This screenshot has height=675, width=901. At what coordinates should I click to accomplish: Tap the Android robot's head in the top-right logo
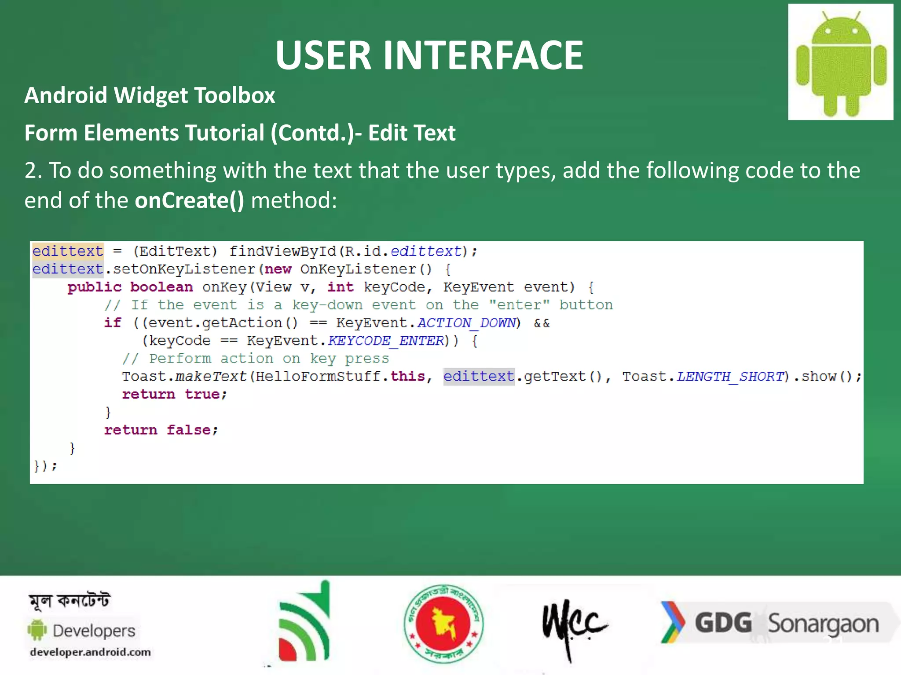click(841, 32)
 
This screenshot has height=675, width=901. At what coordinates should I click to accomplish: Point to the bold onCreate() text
click(189, 200)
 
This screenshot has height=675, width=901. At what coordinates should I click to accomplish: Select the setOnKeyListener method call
click(183, 269)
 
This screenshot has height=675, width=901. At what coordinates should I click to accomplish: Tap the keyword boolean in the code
click(161, 287)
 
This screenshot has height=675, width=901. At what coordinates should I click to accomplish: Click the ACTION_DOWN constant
click(466, 323)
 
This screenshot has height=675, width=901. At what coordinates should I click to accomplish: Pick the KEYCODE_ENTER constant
click(386, 341)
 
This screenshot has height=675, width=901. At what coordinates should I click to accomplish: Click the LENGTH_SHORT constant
click(730, 377)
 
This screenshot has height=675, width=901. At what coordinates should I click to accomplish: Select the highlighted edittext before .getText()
click(479, 377)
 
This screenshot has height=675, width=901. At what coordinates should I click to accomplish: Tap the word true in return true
click(202, 394)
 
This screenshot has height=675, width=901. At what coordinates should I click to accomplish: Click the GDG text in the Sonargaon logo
click(723, 623)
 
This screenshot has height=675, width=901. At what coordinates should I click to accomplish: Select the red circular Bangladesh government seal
click(443, 624)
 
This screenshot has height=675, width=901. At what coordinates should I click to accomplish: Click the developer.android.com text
click(90, 652)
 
